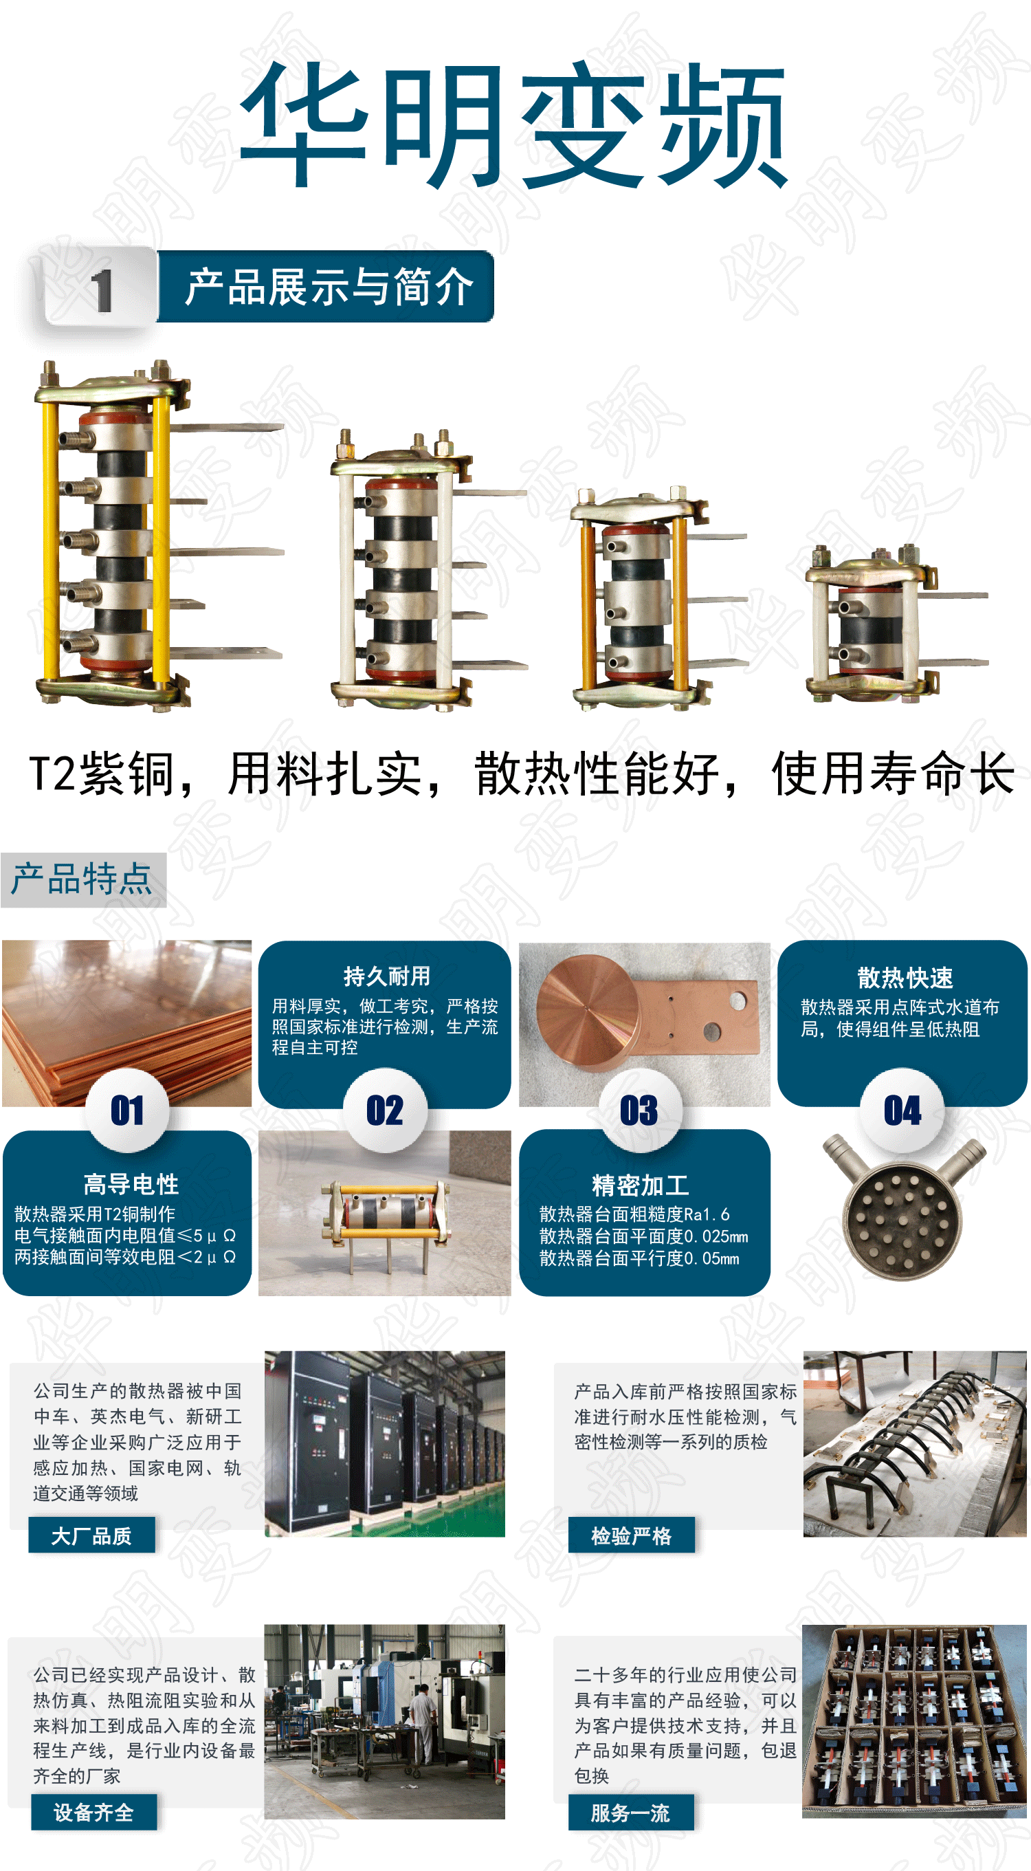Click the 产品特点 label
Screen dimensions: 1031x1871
click(82, 879)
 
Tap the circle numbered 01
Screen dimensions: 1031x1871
click(128, 1110)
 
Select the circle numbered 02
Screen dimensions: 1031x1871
click(385, 1110)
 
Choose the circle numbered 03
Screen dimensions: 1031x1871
click(640, 1110)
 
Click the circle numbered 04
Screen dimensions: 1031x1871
click(902, 1110)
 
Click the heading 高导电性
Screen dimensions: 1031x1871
click(131, 1185)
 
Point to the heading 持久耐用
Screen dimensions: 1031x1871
click(387, 976)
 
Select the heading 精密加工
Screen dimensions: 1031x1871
click(641, 1185)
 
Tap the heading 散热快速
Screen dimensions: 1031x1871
click(905, 978)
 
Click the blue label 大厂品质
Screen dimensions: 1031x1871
click(91, 1535)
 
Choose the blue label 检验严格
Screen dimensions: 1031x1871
click(631, 1535)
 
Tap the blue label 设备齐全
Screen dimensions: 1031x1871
click(93, 1812)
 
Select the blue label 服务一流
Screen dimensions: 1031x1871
click(630, 1813)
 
